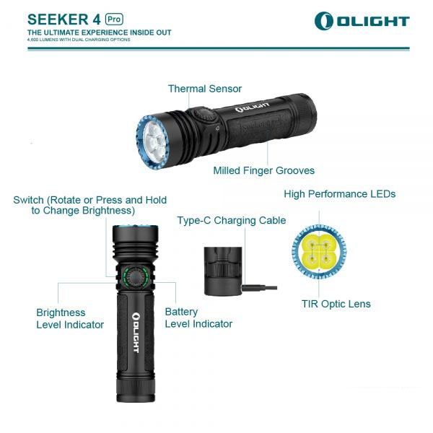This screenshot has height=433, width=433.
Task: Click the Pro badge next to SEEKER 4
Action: tap(114, 19)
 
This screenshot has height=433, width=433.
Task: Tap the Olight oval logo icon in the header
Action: tap(323, 21)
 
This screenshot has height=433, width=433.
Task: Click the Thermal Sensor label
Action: tap(205, 89)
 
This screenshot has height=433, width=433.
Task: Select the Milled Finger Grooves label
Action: tap(263, 170)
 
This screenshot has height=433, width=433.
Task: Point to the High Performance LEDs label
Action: tap(340, 194)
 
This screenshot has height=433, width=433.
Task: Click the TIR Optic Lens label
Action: tap(336, 304)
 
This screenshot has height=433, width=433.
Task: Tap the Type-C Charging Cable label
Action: tap(232, 220)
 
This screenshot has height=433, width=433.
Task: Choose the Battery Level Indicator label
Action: tap(198, 318)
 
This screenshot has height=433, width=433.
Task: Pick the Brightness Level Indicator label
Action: tap(70, 319)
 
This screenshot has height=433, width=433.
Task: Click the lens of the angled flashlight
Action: tap(155, 141)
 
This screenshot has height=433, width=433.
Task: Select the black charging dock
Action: tap(223, 271)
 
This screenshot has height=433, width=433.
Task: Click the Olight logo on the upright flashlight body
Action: tap(136, 333)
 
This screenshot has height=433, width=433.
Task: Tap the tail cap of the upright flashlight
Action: tap(136, 390)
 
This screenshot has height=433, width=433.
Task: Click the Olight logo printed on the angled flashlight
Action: tap(252, 108)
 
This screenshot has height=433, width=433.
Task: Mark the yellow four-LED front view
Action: tap(319, 252)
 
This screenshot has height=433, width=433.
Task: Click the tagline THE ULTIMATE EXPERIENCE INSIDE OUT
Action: tap(99, 32)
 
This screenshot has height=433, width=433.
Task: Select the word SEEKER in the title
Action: tap(58, 19)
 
